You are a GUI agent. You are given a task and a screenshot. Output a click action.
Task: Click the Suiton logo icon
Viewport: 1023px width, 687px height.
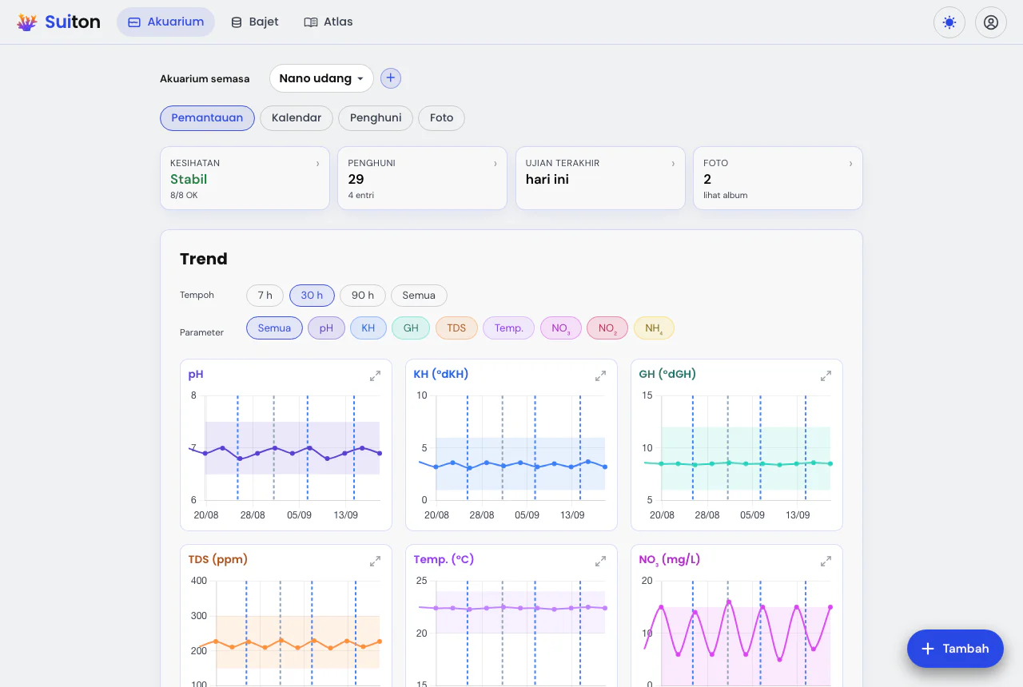click(26, 22)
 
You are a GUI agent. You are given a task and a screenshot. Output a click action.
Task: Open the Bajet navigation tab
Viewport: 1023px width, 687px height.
click(255, 22)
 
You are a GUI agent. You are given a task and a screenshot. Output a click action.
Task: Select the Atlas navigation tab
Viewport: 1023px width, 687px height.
click(328, 22)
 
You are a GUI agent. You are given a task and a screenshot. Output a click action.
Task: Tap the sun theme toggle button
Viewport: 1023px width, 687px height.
click(949, 22)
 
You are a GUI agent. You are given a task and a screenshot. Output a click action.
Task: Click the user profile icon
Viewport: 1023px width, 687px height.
click(990, 22)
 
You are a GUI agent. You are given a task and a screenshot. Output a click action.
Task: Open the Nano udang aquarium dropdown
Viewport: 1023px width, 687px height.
click(321, 78)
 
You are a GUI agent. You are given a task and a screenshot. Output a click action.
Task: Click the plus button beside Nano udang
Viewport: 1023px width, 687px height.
click(391, 78)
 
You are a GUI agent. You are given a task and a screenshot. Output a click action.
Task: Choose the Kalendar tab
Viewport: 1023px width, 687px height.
click(297, 117)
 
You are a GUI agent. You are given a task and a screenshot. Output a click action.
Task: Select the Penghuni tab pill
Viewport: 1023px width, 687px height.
click(376, 117)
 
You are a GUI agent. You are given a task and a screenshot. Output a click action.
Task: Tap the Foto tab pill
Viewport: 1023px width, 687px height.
click(441, 117)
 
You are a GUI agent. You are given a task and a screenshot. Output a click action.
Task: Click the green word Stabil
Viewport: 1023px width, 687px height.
click(189, 180)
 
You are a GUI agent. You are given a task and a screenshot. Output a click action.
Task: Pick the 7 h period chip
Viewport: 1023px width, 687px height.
click(265, 296)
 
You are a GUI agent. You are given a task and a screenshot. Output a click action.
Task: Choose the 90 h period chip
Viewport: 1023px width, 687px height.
click(363, 296)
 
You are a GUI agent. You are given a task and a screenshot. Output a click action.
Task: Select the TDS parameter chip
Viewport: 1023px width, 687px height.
click(456, 328)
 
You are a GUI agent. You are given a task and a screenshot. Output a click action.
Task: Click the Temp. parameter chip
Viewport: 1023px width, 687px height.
click(509, 328)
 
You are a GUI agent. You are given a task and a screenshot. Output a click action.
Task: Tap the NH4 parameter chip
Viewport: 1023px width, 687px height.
click(654, 328)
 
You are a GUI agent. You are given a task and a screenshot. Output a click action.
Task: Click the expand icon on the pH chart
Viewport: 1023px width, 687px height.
click(375, 375)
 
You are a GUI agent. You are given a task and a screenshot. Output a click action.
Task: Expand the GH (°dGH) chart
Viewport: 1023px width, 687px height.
click(826, 375)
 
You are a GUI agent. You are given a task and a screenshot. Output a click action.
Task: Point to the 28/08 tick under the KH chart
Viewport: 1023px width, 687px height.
click(482, 515)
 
